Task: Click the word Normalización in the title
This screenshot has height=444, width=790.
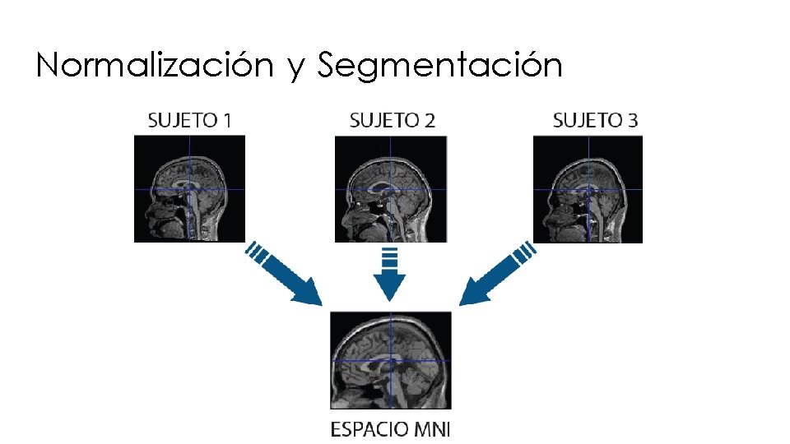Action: (x=154, y=65)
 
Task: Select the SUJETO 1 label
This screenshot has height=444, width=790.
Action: (x=189, y=120)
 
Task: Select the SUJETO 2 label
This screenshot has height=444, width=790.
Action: (x=393, y=120)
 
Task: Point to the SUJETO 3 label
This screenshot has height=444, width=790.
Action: (x=595, y=120)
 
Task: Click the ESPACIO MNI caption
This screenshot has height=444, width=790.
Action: (x=391, y=428)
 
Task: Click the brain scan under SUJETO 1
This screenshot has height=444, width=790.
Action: (x=190, y=189)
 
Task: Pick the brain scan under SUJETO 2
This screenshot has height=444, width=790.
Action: (x=391, y=189)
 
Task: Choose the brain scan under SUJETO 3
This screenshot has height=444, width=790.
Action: (x=588, y=189)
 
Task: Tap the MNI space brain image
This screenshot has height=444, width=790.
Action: (x=391, y=360)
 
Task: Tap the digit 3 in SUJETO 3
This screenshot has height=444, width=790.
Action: (x=631, y=120)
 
